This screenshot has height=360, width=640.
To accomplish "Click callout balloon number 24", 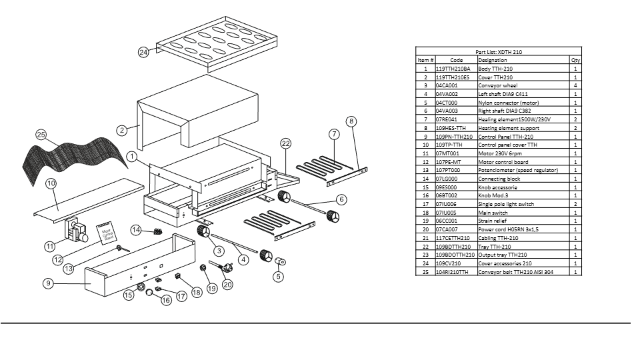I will pyautogui.click(x=143, y=53).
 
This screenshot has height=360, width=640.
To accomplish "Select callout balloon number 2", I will pyautogui.click(x=122, y=130).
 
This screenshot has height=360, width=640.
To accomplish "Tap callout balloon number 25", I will pyautogui.click(x=41, y=135).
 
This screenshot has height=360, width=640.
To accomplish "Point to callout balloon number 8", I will pyautogui.click(x=351, y=121).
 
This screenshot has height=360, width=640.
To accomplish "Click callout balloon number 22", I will pyautogui.click(x=286, y=143).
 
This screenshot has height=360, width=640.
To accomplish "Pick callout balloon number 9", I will pyautogui.click(x=48, y=283).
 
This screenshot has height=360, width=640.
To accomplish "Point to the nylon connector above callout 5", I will pyautogui.click(x=280, y=261).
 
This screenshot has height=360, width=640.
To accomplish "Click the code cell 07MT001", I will pyautogui.click(x=447, y=153).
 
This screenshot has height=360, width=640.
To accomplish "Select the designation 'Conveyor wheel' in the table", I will pyautogui.click(x=497, y=85).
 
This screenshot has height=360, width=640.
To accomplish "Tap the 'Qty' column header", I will pyautogui.click(x=575, y=60).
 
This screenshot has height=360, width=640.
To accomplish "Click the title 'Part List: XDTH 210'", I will pyautogui.click(x=499, y=51).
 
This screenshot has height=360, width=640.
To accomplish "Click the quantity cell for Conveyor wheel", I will pyautogui.click(x=575, y=85).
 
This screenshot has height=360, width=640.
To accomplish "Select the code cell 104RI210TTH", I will pyautogui.click(x=452, y=272).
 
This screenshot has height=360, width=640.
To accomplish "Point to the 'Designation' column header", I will pyautogui.click(x=493, y=60).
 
